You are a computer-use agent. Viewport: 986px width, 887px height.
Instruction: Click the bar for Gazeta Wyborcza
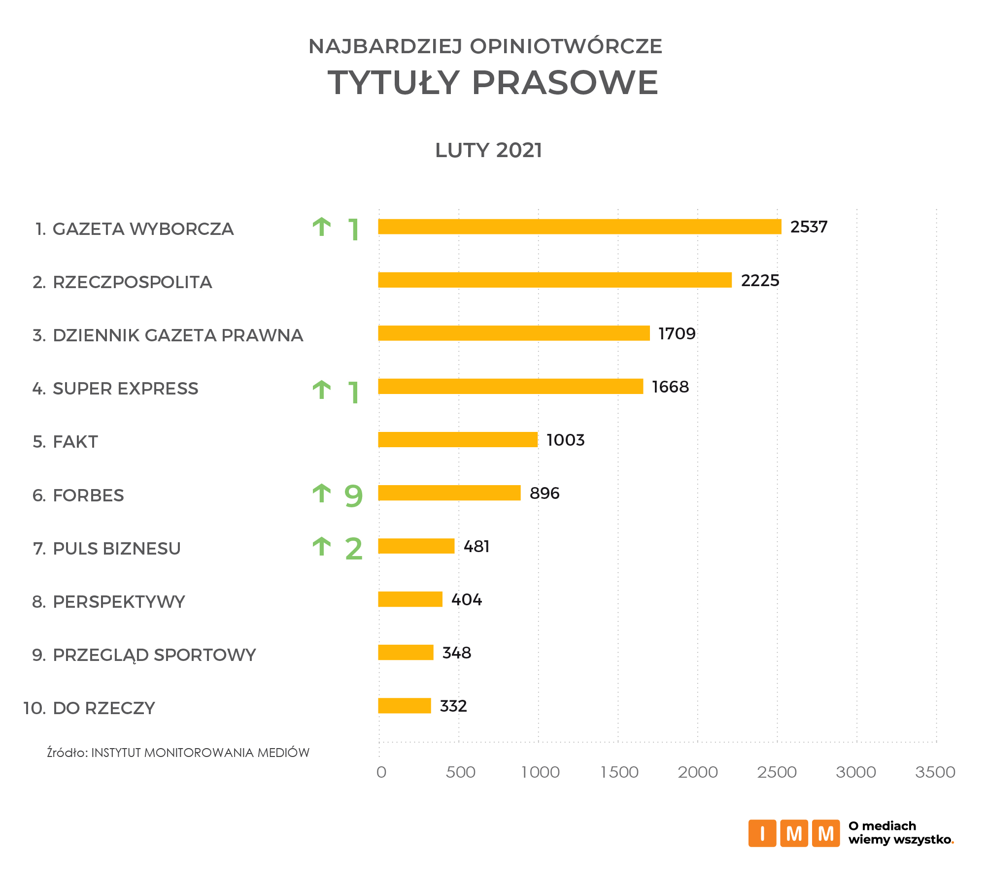579,227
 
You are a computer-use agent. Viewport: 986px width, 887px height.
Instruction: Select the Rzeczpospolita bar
555,280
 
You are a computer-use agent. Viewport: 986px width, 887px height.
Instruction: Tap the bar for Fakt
458,439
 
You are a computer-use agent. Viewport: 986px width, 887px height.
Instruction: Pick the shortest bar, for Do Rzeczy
405,705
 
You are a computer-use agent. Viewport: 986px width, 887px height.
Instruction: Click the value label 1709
677,333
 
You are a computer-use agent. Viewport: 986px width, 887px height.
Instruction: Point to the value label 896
544,493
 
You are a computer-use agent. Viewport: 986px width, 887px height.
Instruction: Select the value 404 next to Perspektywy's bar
467,599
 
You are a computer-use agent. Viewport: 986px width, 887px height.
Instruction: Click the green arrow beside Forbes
322,493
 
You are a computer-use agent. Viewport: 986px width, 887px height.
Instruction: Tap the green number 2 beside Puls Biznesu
354,549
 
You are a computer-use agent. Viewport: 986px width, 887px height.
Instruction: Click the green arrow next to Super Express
322,390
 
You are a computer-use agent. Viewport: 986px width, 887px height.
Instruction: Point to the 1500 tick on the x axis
619,772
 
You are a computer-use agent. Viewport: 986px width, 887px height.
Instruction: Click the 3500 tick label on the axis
935,772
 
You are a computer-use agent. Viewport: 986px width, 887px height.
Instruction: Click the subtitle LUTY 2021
488,150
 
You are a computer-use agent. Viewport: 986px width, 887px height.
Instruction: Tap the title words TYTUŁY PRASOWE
493,82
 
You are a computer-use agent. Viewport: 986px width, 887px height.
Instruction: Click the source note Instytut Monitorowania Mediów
178,753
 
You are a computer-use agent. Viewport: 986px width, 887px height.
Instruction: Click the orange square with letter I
762,833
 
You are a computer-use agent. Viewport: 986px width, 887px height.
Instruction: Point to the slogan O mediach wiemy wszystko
901,833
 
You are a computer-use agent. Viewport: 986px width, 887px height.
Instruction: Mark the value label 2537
809,227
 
